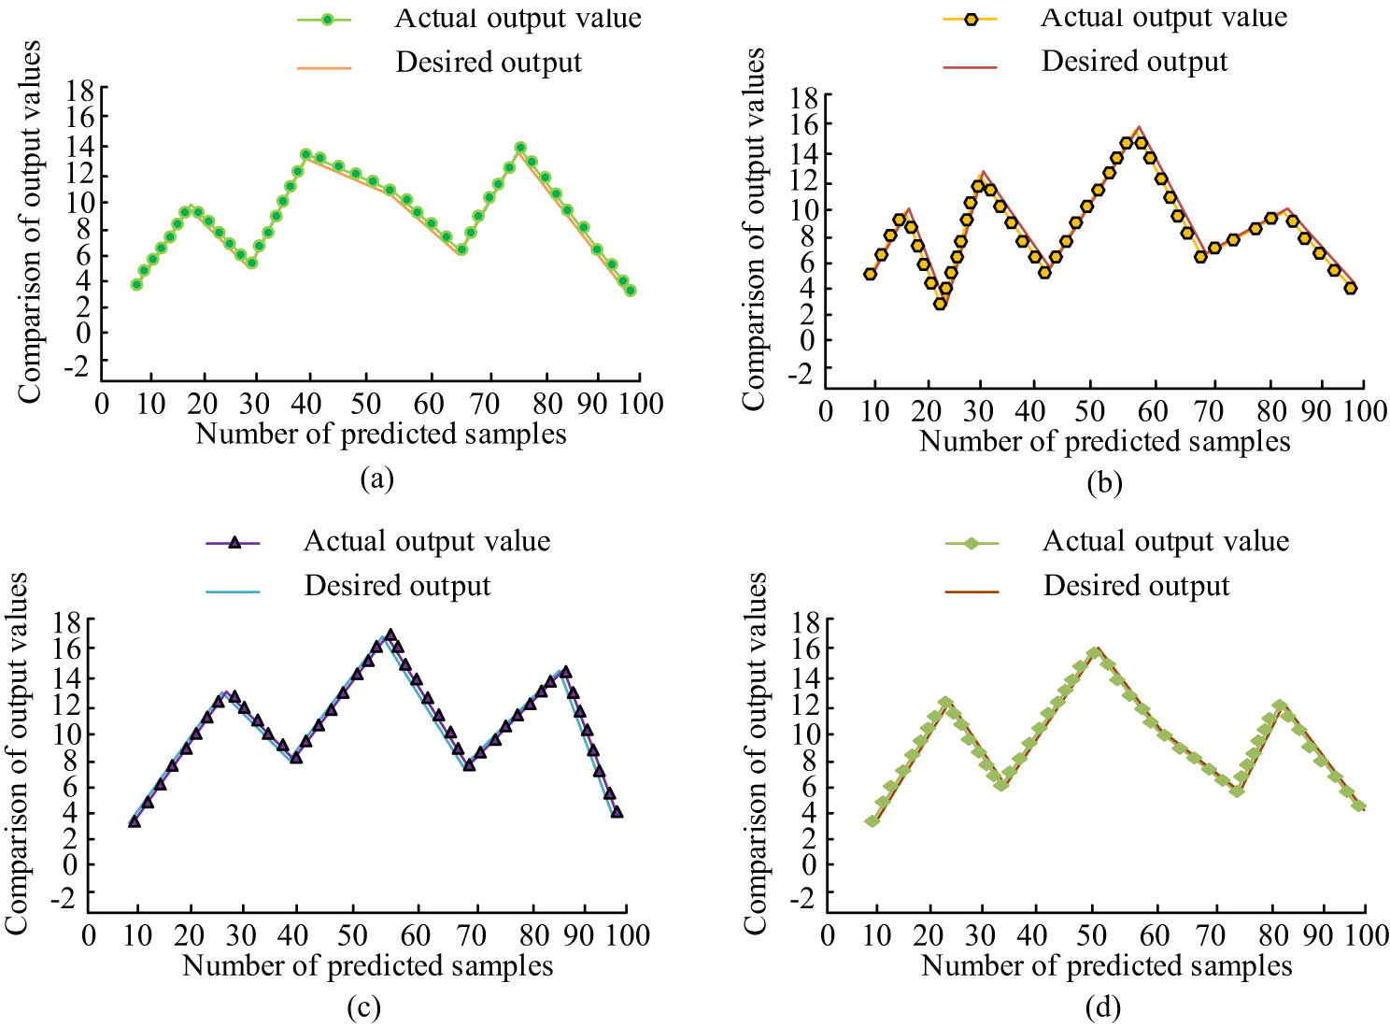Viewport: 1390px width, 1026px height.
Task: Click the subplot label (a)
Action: click(x=376, y=479)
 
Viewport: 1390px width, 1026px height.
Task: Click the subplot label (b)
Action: click(x=1105, y=483)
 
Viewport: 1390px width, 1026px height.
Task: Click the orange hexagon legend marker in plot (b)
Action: click(x=972, y=19)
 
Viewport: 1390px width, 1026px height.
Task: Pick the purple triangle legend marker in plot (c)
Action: click(x=235, y=542)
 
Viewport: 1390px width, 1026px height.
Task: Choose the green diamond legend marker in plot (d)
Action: click(x=972, y=543)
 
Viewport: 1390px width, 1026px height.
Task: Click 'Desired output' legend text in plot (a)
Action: click(x=489, y=63)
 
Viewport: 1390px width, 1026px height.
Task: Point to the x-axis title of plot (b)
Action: click(x=1105, y=441)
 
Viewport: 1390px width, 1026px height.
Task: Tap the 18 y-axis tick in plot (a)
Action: click(x=79, y=91)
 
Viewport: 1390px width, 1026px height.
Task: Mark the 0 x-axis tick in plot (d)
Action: click(x=828, y=935)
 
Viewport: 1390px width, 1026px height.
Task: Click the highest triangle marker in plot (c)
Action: click(x=390, y=635)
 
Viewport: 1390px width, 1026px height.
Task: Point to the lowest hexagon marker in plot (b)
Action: click(x=940, y=304)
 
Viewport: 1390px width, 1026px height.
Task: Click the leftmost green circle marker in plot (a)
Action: click(x=136, y=284)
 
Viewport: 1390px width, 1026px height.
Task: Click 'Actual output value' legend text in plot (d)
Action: click(x=1166, y=542)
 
